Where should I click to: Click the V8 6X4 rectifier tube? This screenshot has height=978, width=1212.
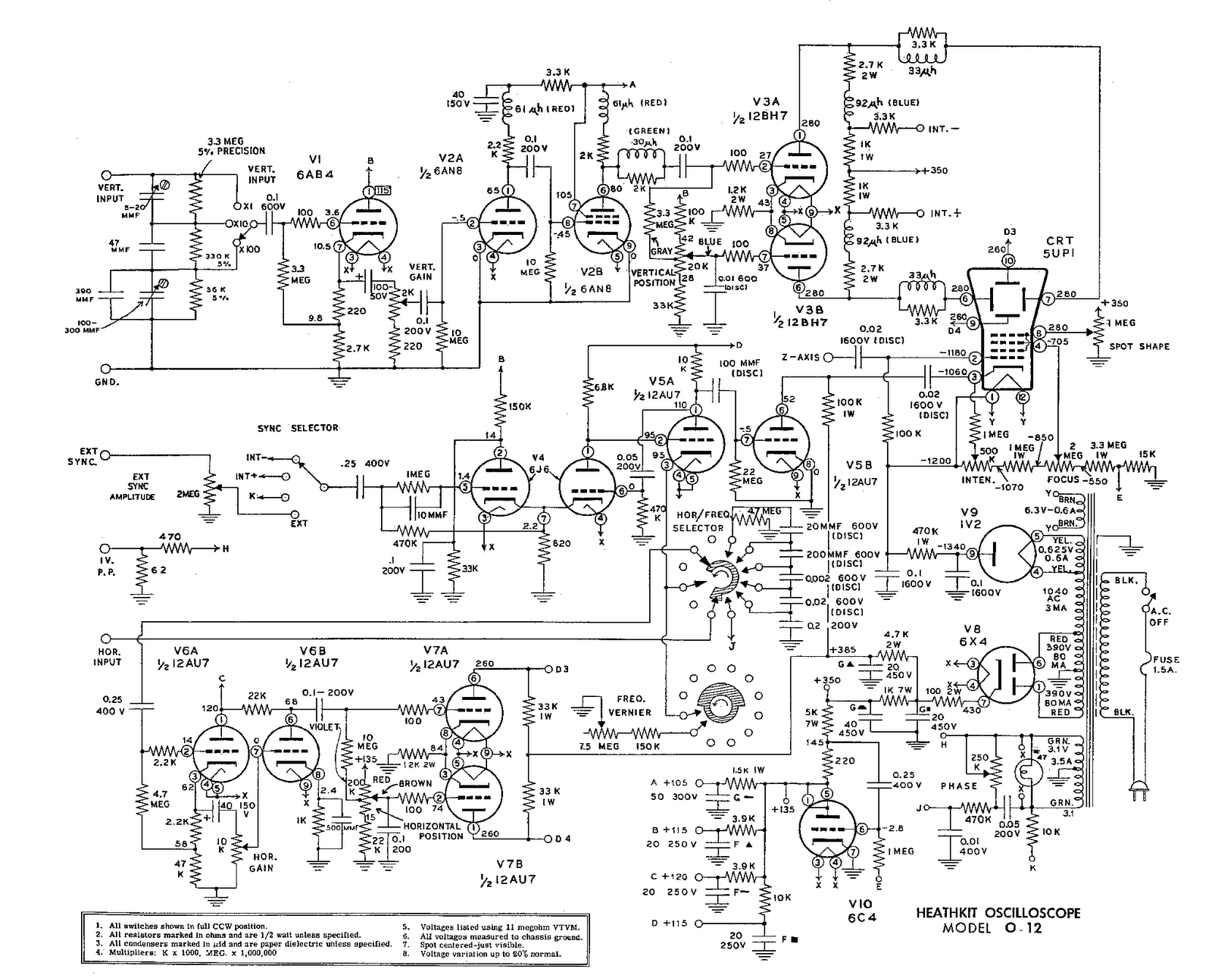1005,674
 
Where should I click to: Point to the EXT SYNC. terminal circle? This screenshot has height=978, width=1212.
105,455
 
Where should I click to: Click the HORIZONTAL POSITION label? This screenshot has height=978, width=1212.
433,831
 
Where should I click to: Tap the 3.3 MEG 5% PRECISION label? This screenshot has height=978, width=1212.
236,145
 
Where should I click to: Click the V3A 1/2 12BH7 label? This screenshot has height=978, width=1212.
757,108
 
